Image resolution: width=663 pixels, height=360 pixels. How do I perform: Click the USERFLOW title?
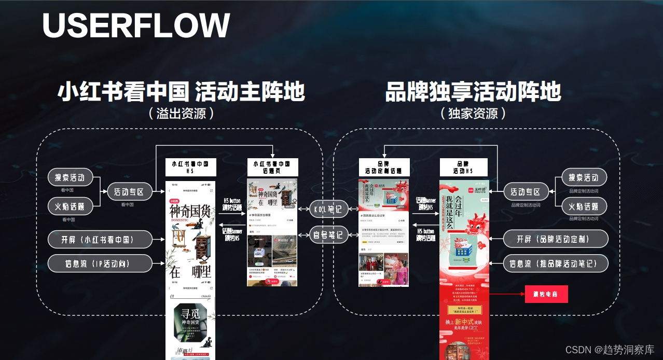click(x=136, y=25)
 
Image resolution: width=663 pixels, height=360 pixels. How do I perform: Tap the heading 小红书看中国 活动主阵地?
click(x=181, y=92)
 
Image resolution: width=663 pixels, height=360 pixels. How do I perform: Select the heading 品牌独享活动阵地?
click(x=473, y=92)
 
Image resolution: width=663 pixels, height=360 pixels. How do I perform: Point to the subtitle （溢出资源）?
click(x=181, y=113)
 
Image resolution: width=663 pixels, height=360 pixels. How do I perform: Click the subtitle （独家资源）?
click(x=473, y=113)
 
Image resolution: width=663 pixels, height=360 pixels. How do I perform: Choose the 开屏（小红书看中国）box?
click(x=100, y=240)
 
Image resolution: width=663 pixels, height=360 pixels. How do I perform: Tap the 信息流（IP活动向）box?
click(x=100, y=264)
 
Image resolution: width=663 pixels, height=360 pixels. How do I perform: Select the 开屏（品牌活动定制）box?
click(x=555, y=239)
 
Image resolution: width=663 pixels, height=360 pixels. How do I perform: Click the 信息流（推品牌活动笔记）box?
click(x=555, y=264)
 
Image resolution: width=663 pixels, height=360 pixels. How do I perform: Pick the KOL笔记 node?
click(x=328, y=210)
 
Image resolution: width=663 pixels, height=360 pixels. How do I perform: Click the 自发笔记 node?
click(x=328, y=235)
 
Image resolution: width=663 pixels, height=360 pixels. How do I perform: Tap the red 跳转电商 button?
click(x=546, y=294)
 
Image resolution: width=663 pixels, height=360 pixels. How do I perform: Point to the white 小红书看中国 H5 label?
click(x=190, y=167)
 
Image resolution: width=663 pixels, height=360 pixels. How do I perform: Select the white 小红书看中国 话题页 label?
click(x=272, y=167)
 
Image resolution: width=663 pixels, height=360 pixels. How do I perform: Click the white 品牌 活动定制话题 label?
click(x=384, y=167)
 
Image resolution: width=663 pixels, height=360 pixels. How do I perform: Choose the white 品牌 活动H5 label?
click(x=463, y=167)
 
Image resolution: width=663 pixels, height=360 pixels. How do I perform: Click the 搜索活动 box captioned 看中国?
click(x=70, y=177)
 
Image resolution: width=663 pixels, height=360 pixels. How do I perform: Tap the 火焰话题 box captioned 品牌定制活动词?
click(x=584, y=206)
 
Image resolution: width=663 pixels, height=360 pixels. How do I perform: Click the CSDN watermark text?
click(x=609, y=350)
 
